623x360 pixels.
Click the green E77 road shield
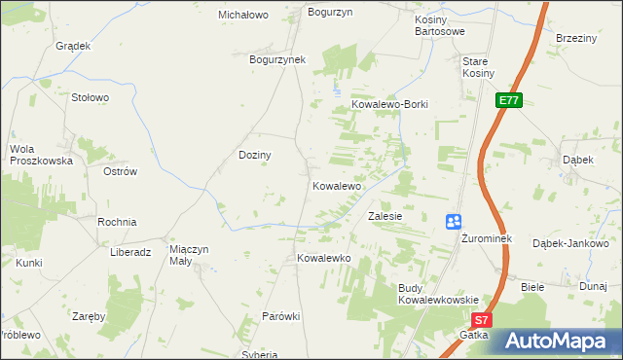pyautogui.click(x=509, y=100)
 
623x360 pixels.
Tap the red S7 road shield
pyautogui.click(x=481, y=319)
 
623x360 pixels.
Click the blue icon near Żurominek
pyautogui.click(x=454, y=222)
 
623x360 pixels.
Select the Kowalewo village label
pyautogui.click(x=337, y=185)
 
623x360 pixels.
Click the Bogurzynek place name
pyautogui.click(x=277, y=59)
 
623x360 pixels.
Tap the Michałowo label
pyautogui.click(x=243, y=15)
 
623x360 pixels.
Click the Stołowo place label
pyautogui.click(x=91, y=97)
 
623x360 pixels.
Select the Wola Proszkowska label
pyautogui.click(x=41, y=155)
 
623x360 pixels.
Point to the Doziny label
pyautogui.click(x=255, y=155)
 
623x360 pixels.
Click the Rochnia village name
pyautogui.click(x=117, y=222)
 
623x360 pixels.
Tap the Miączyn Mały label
pyautogui.click(x=189, y=254)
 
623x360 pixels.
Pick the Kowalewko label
pyautogui.click(x=323, y=258)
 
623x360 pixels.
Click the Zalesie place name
pyautogui.click(x=385, y=216)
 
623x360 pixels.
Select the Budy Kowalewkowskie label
pyautogui.click(x=438, y=294)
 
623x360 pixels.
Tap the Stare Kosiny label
pyautogui.click(x=478, y=67)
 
